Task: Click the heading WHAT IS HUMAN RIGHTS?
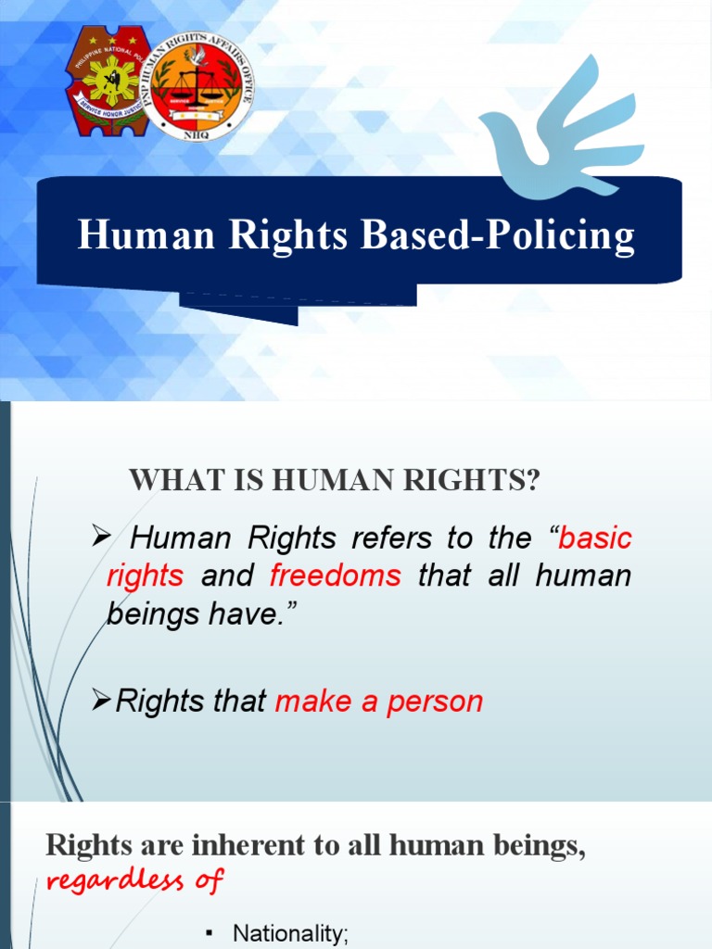click(x=334, y=481)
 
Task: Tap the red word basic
click(x=595, y=538)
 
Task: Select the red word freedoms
click(x=336, y=576)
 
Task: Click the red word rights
click(x=145, y=576)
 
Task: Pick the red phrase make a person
click(x=379, y=702)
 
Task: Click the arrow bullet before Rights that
click(x=102, y=702)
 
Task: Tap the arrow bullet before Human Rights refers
click(x=102, y=538)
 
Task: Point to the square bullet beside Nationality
click(x=211, y=933)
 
